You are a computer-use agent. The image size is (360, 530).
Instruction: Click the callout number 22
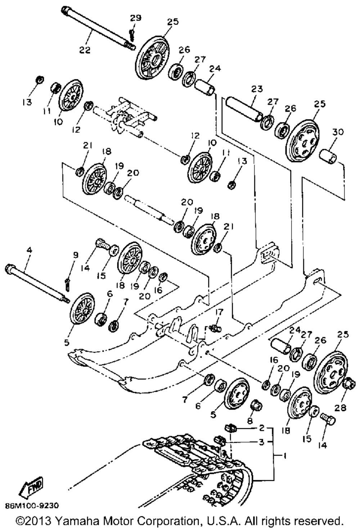coord(85,50)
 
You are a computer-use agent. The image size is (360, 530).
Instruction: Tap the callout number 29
coord(136,18)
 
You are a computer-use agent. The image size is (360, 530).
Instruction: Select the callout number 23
coord(257,89)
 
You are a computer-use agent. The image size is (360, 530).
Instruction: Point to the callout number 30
coord(338,132)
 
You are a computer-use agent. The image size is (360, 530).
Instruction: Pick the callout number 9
coord(75,255)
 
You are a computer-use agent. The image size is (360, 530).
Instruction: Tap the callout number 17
coord(219,312)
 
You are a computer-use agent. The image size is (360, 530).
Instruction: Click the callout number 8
coord(250,420)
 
